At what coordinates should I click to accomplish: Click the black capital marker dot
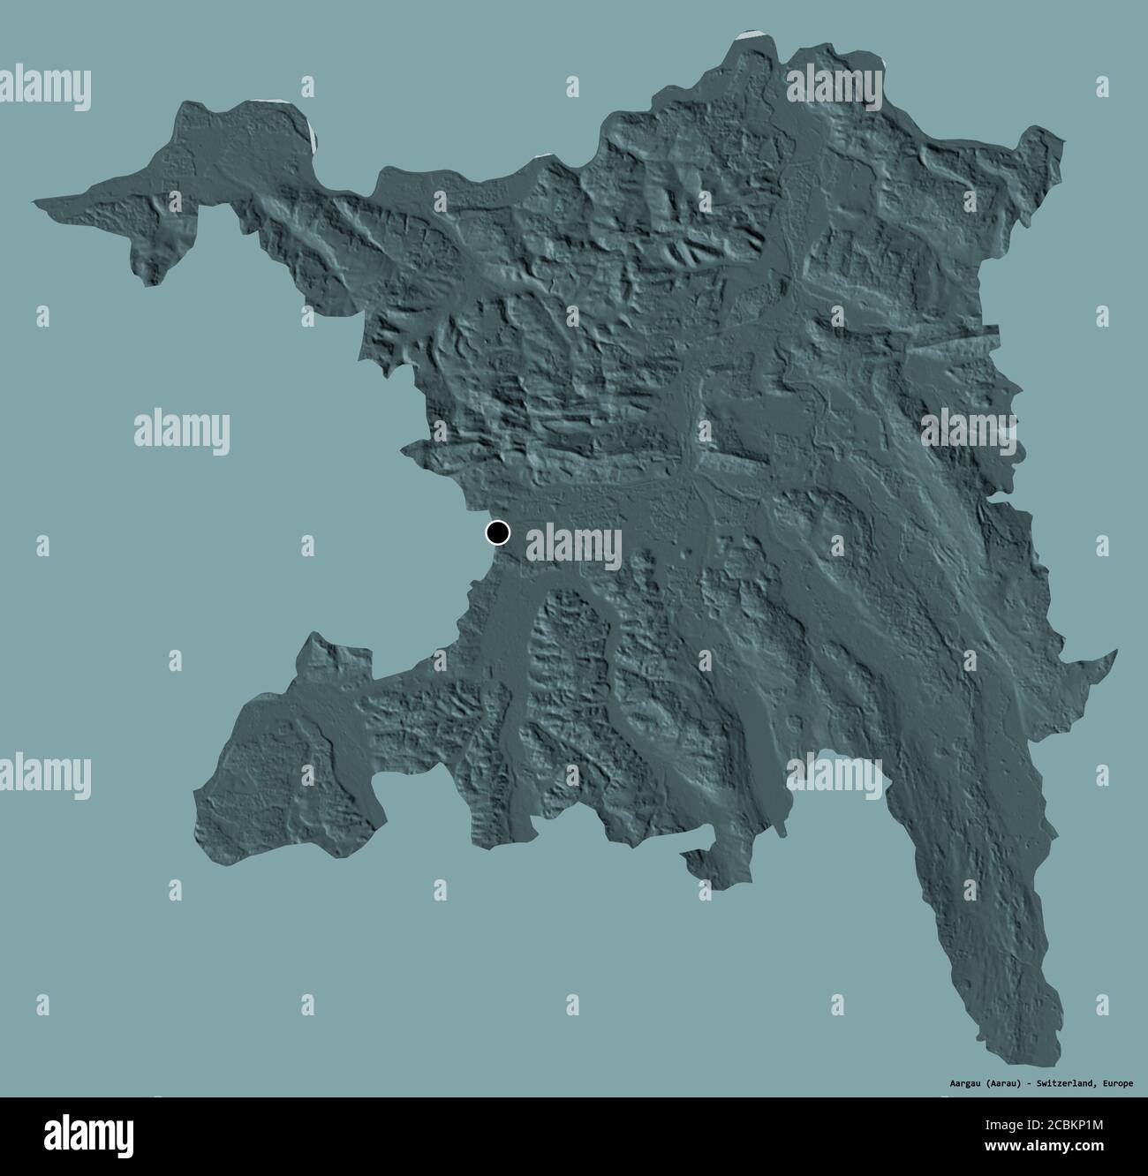pos(498,532)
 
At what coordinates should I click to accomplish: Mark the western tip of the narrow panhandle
pos(36,203)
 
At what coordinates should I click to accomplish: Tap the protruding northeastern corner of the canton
pos(1051,135)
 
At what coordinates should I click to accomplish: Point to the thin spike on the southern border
pos(782,830)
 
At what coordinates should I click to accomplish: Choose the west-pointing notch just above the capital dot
pos(407,450)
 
